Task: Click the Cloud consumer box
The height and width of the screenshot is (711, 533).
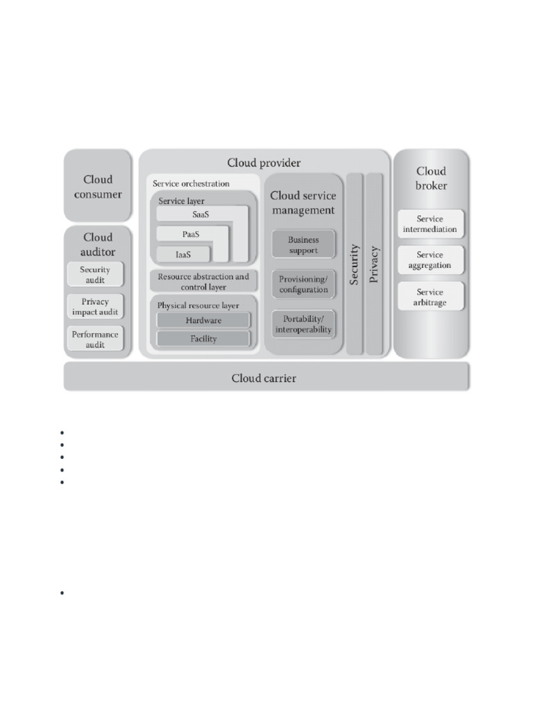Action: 98,186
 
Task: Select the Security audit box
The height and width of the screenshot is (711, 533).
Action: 95,274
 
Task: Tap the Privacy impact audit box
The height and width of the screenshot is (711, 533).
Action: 95,307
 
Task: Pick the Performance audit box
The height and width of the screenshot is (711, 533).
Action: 95,339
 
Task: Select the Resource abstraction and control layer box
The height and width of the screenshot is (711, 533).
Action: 203,281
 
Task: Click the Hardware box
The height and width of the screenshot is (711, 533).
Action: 203,320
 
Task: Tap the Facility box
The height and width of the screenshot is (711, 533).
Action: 203,339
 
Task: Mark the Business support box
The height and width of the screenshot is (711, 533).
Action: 303,244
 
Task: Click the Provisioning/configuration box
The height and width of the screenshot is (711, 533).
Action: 303,284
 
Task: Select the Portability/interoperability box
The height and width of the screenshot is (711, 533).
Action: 303,324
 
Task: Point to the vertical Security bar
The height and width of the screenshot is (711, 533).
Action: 355,264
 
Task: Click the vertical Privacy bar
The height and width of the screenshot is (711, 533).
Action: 374,264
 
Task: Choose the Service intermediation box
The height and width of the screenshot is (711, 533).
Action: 430,224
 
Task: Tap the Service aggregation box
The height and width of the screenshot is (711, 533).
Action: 430,260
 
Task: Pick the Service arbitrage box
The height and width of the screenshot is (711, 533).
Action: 430,297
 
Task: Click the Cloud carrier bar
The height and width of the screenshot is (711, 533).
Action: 266,378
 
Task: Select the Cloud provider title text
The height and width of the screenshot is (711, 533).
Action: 264,162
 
